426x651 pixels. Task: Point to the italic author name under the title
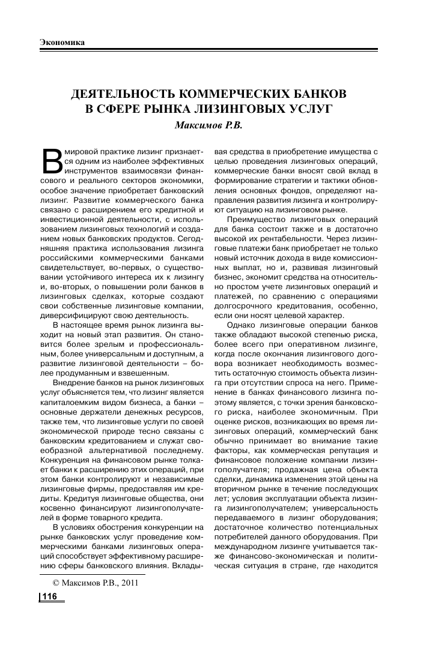(213, 125)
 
